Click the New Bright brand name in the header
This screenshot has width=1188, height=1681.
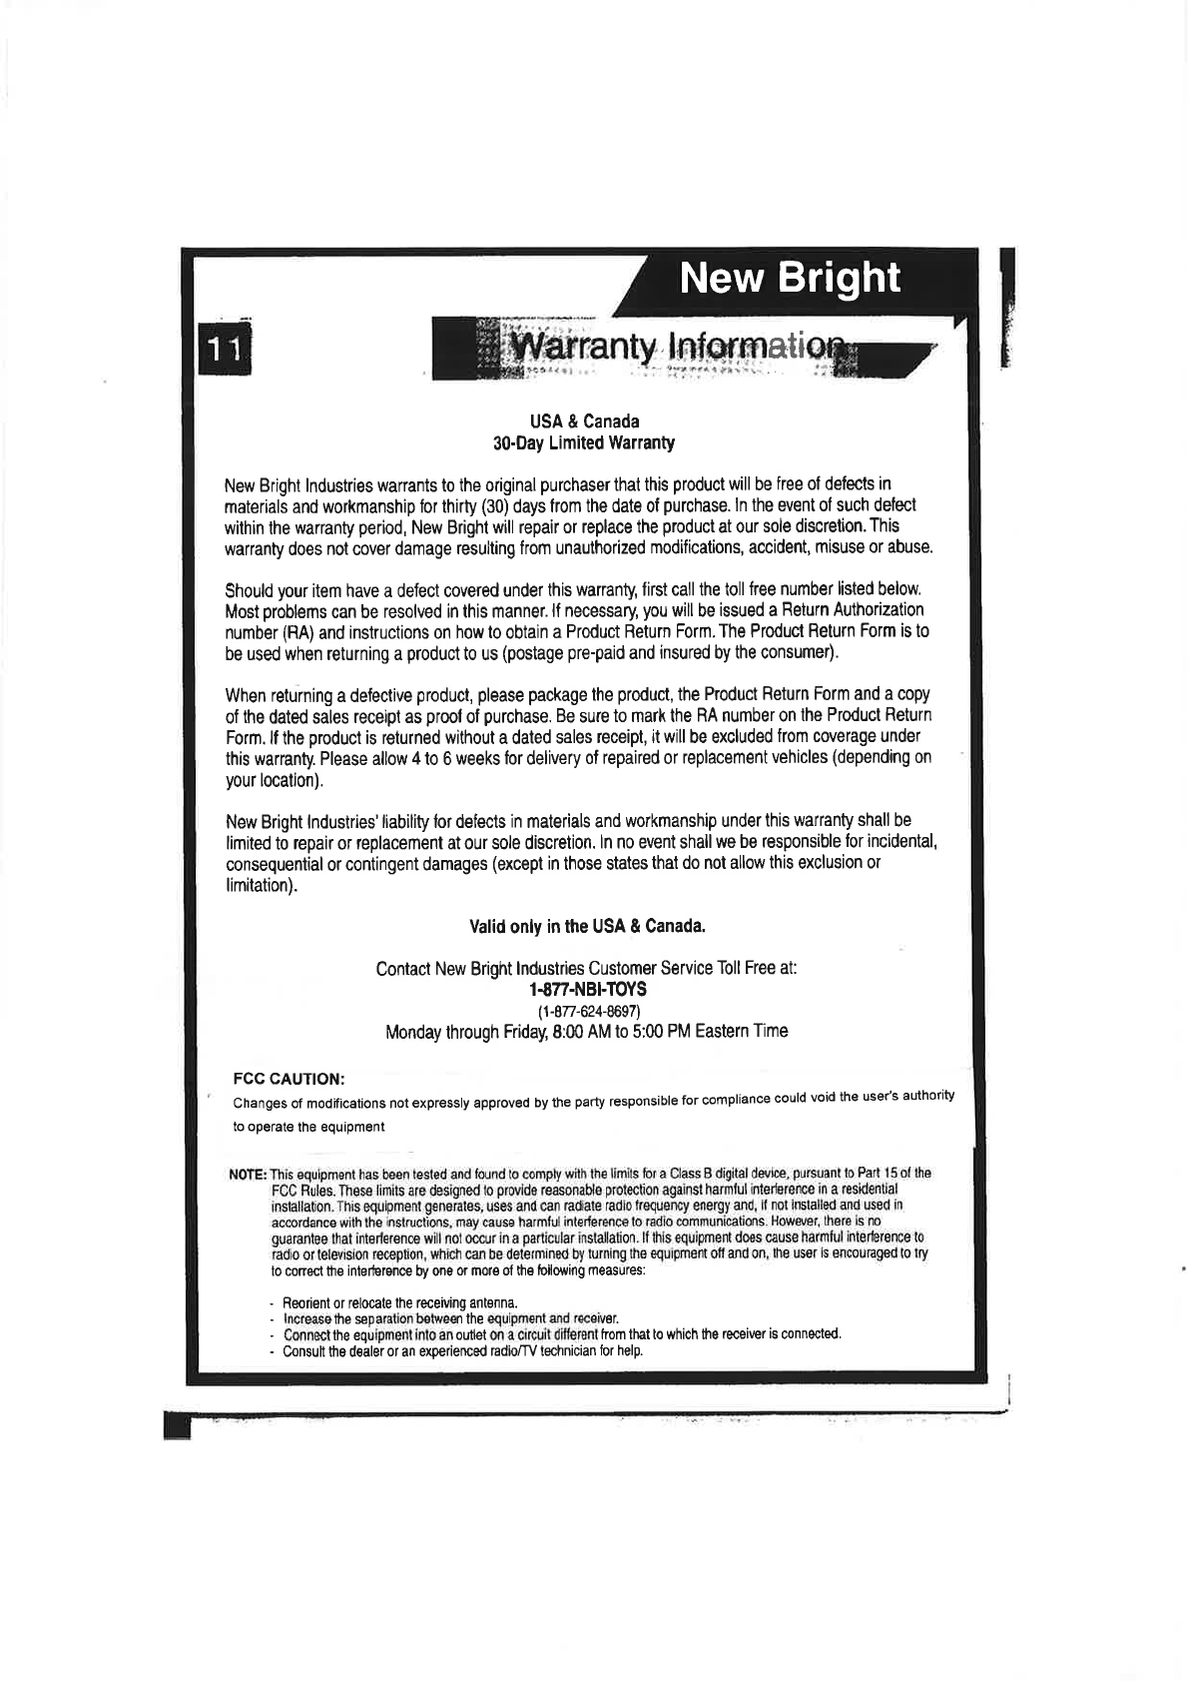(789, 278)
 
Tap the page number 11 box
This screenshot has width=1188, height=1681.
(226, 350)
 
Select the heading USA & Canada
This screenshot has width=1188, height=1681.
(585, 420)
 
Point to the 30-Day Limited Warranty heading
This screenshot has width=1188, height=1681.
(585, 442)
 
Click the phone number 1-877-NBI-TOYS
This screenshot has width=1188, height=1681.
(586, 989)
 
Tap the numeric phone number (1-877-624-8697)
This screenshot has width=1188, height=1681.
(586, 1010)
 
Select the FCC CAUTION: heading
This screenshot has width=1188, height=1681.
(289, 1080)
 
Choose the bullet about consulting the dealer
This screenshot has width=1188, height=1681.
(462, 1351)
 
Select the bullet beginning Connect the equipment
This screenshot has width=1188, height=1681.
(562, 1334)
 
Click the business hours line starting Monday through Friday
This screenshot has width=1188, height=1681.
(586, 1031)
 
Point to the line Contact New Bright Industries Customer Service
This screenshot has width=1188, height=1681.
(586, 969)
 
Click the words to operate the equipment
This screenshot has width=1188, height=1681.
(308, 1127)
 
